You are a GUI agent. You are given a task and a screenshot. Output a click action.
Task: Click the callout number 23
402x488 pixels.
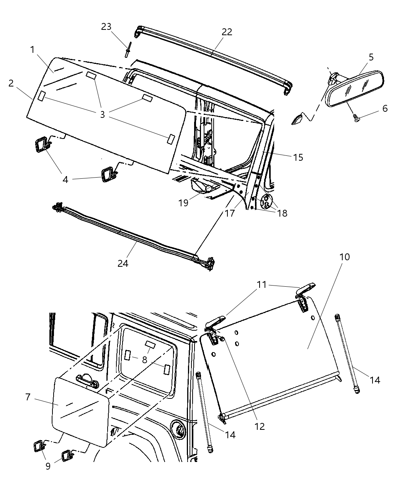(x=106, y=27)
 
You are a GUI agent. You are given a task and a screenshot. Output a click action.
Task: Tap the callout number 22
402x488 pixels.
(x=227, y=32)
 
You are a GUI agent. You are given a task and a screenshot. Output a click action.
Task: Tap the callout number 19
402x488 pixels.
(x=183, y=202)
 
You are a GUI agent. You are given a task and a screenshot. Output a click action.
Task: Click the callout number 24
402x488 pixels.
(x=123, y=263)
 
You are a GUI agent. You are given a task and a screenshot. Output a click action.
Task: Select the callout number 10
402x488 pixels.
(x=345, y=257)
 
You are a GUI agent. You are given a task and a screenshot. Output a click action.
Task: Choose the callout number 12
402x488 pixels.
(x=259, y=426)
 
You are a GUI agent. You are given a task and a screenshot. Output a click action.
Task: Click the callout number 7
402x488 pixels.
(x=28, y=397)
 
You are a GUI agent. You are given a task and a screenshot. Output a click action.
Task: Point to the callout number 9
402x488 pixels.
(x=48, y=467)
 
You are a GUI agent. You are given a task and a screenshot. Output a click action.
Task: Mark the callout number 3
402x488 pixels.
(x=102, y=114)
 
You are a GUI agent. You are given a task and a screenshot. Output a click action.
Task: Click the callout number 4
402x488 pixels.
(x=65, y=179)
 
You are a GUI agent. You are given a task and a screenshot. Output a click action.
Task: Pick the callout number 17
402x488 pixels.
(x=229, y=213)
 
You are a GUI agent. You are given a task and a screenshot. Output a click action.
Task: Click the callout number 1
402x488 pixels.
(x=33, y=49)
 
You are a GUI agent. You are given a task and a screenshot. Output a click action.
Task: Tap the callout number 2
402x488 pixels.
(x=11, y=83)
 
